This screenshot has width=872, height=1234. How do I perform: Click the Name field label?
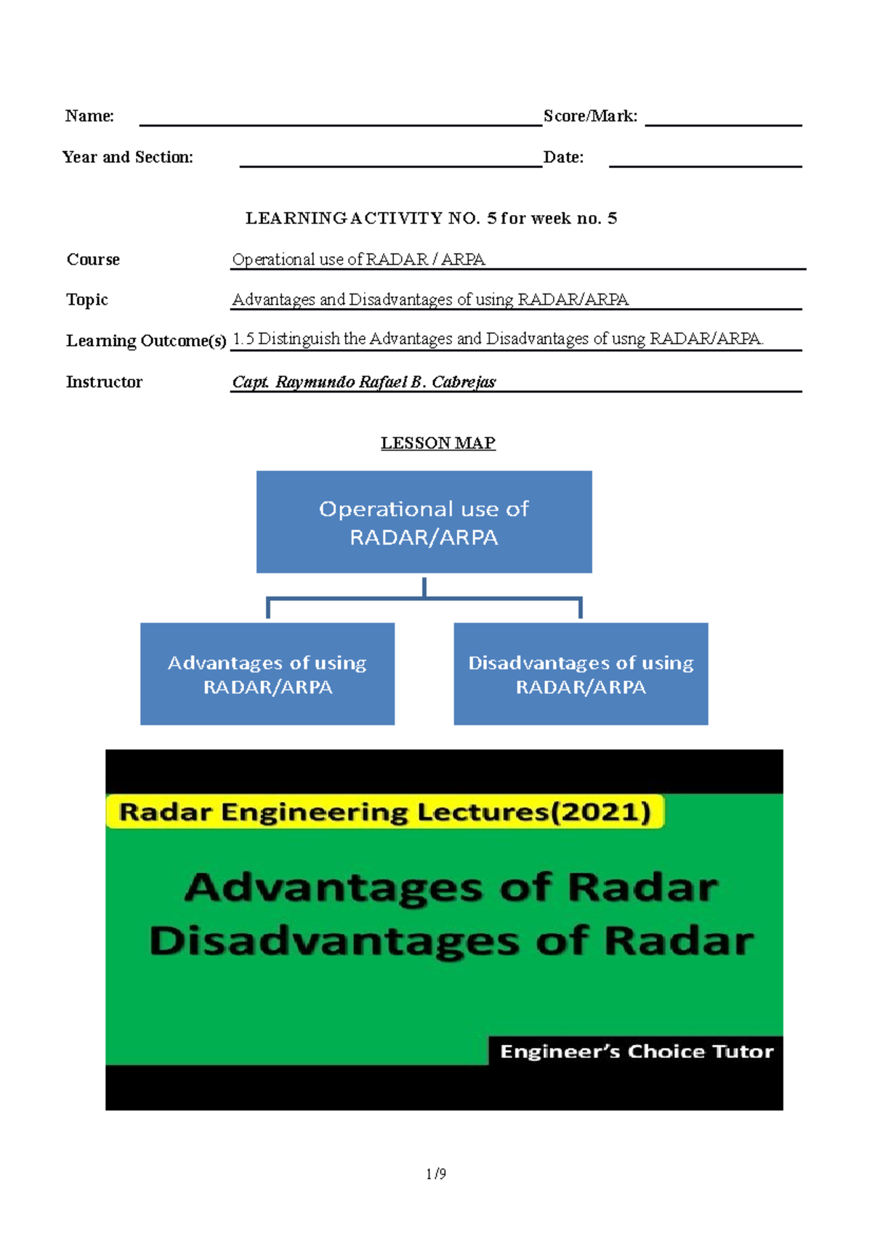[89, 116]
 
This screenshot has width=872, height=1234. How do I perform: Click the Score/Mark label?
[590, 116]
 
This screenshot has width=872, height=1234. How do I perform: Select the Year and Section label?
[128, 158]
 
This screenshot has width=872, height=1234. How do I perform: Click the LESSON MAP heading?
[438, 443]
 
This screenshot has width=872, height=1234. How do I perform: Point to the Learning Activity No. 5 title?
[431, 219]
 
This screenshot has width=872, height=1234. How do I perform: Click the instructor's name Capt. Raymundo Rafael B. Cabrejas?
[363, 382]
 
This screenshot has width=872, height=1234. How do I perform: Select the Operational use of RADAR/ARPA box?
[424, 522]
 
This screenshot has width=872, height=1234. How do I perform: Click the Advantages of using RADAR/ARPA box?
[267, 674]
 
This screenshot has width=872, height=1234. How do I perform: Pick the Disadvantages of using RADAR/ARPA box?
[581, 674]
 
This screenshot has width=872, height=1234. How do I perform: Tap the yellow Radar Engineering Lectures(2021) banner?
[385, 812]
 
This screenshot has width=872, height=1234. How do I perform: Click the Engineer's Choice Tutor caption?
[637, 1052]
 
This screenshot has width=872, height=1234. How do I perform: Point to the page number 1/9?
[436, 1174]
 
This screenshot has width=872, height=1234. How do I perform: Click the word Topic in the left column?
[87, 300]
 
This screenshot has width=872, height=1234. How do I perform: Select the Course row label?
[93, 260]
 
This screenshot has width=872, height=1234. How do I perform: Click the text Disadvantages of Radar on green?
[451, 941]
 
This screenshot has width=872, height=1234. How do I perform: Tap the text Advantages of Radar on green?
[451, 888]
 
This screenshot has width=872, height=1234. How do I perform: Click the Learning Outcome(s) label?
[146, 341]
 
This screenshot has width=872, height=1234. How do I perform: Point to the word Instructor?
[104, 382]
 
